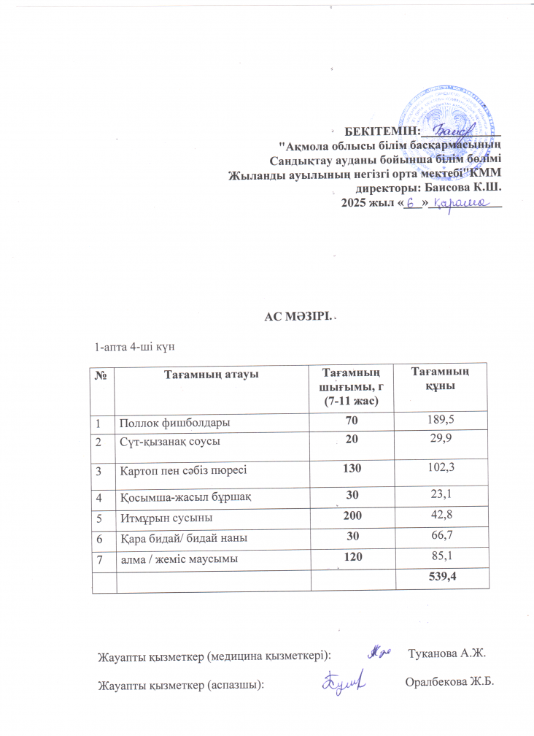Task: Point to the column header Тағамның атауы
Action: tap(212, 375)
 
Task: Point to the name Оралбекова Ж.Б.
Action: tap(449, 683)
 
